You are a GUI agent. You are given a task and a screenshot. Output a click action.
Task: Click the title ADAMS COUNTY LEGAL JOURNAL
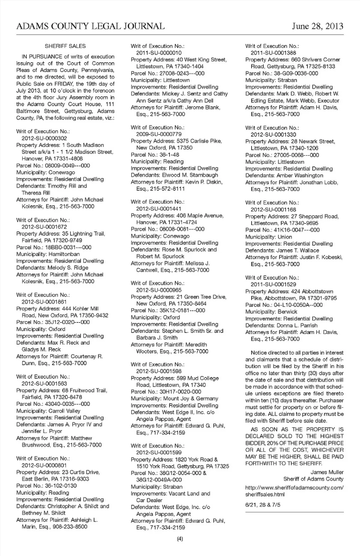coord(90,26)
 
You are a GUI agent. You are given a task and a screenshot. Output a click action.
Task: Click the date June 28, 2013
coord(317,26)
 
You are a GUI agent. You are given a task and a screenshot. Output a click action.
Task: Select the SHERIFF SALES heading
coord(65,46)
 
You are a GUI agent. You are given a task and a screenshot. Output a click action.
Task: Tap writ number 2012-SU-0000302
coord(44,138)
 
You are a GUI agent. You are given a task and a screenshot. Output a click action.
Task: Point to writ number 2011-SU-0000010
coord(159,53)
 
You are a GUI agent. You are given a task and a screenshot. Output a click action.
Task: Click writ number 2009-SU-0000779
coord(159,134)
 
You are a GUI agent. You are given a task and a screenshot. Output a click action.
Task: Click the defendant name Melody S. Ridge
coord(68,268)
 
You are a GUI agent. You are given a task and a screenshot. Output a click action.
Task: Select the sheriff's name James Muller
coord(327,472)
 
